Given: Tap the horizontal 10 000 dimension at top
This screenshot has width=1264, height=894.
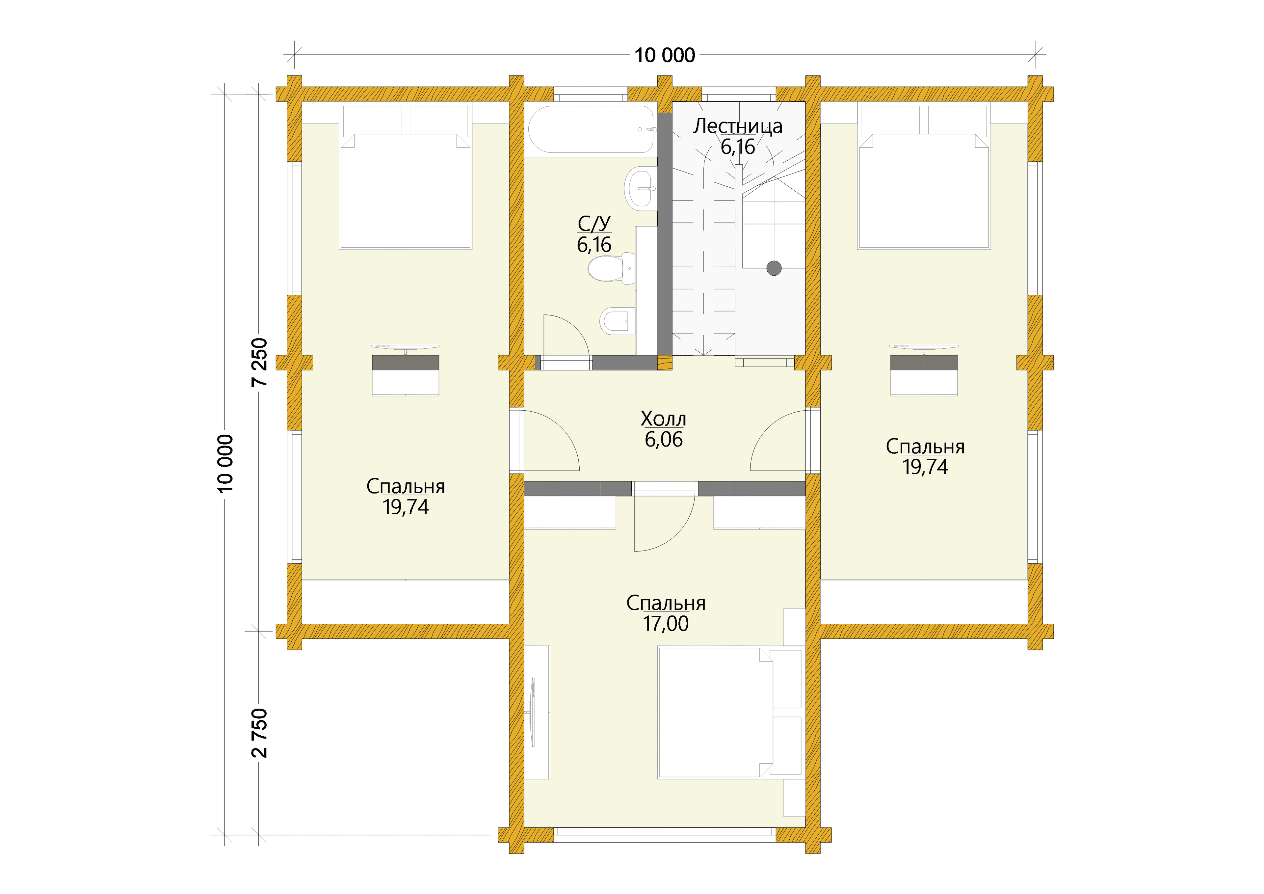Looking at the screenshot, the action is click(665, 55).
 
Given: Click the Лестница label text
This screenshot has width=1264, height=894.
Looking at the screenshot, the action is click(738, 126).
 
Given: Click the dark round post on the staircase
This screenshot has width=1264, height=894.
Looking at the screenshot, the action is click(774, 268).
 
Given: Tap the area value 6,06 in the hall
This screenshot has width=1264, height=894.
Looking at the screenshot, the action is click(663, 440).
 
